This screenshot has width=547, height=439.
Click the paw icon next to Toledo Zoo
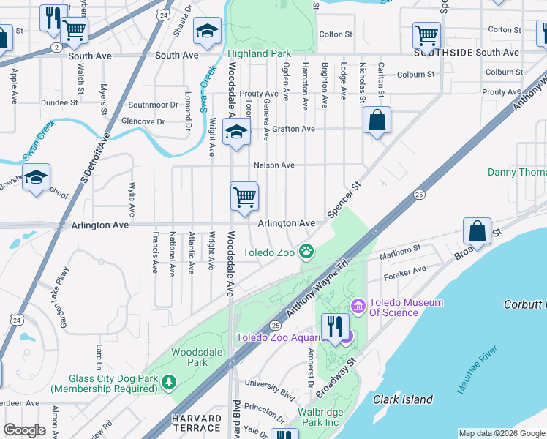[308, 252]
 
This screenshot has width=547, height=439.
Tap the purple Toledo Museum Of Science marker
[358, 304]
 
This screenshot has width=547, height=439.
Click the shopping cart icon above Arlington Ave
[244, 195]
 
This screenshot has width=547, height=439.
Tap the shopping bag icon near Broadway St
[477, 230]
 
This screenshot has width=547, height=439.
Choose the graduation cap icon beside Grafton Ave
[236, 132]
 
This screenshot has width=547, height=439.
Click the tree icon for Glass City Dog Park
[169, 382]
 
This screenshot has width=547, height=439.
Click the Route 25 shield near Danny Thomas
[418, 195]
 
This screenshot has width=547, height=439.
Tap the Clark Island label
[403, 399]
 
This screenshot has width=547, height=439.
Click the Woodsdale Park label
[189, 356]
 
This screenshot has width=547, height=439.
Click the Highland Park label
[259, 53]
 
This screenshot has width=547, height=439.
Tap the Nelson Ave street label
[274, 165]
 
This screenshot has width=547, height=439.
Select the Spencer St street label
[344, 200]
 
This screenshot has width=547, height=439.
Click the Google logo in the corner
[24, 430]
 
